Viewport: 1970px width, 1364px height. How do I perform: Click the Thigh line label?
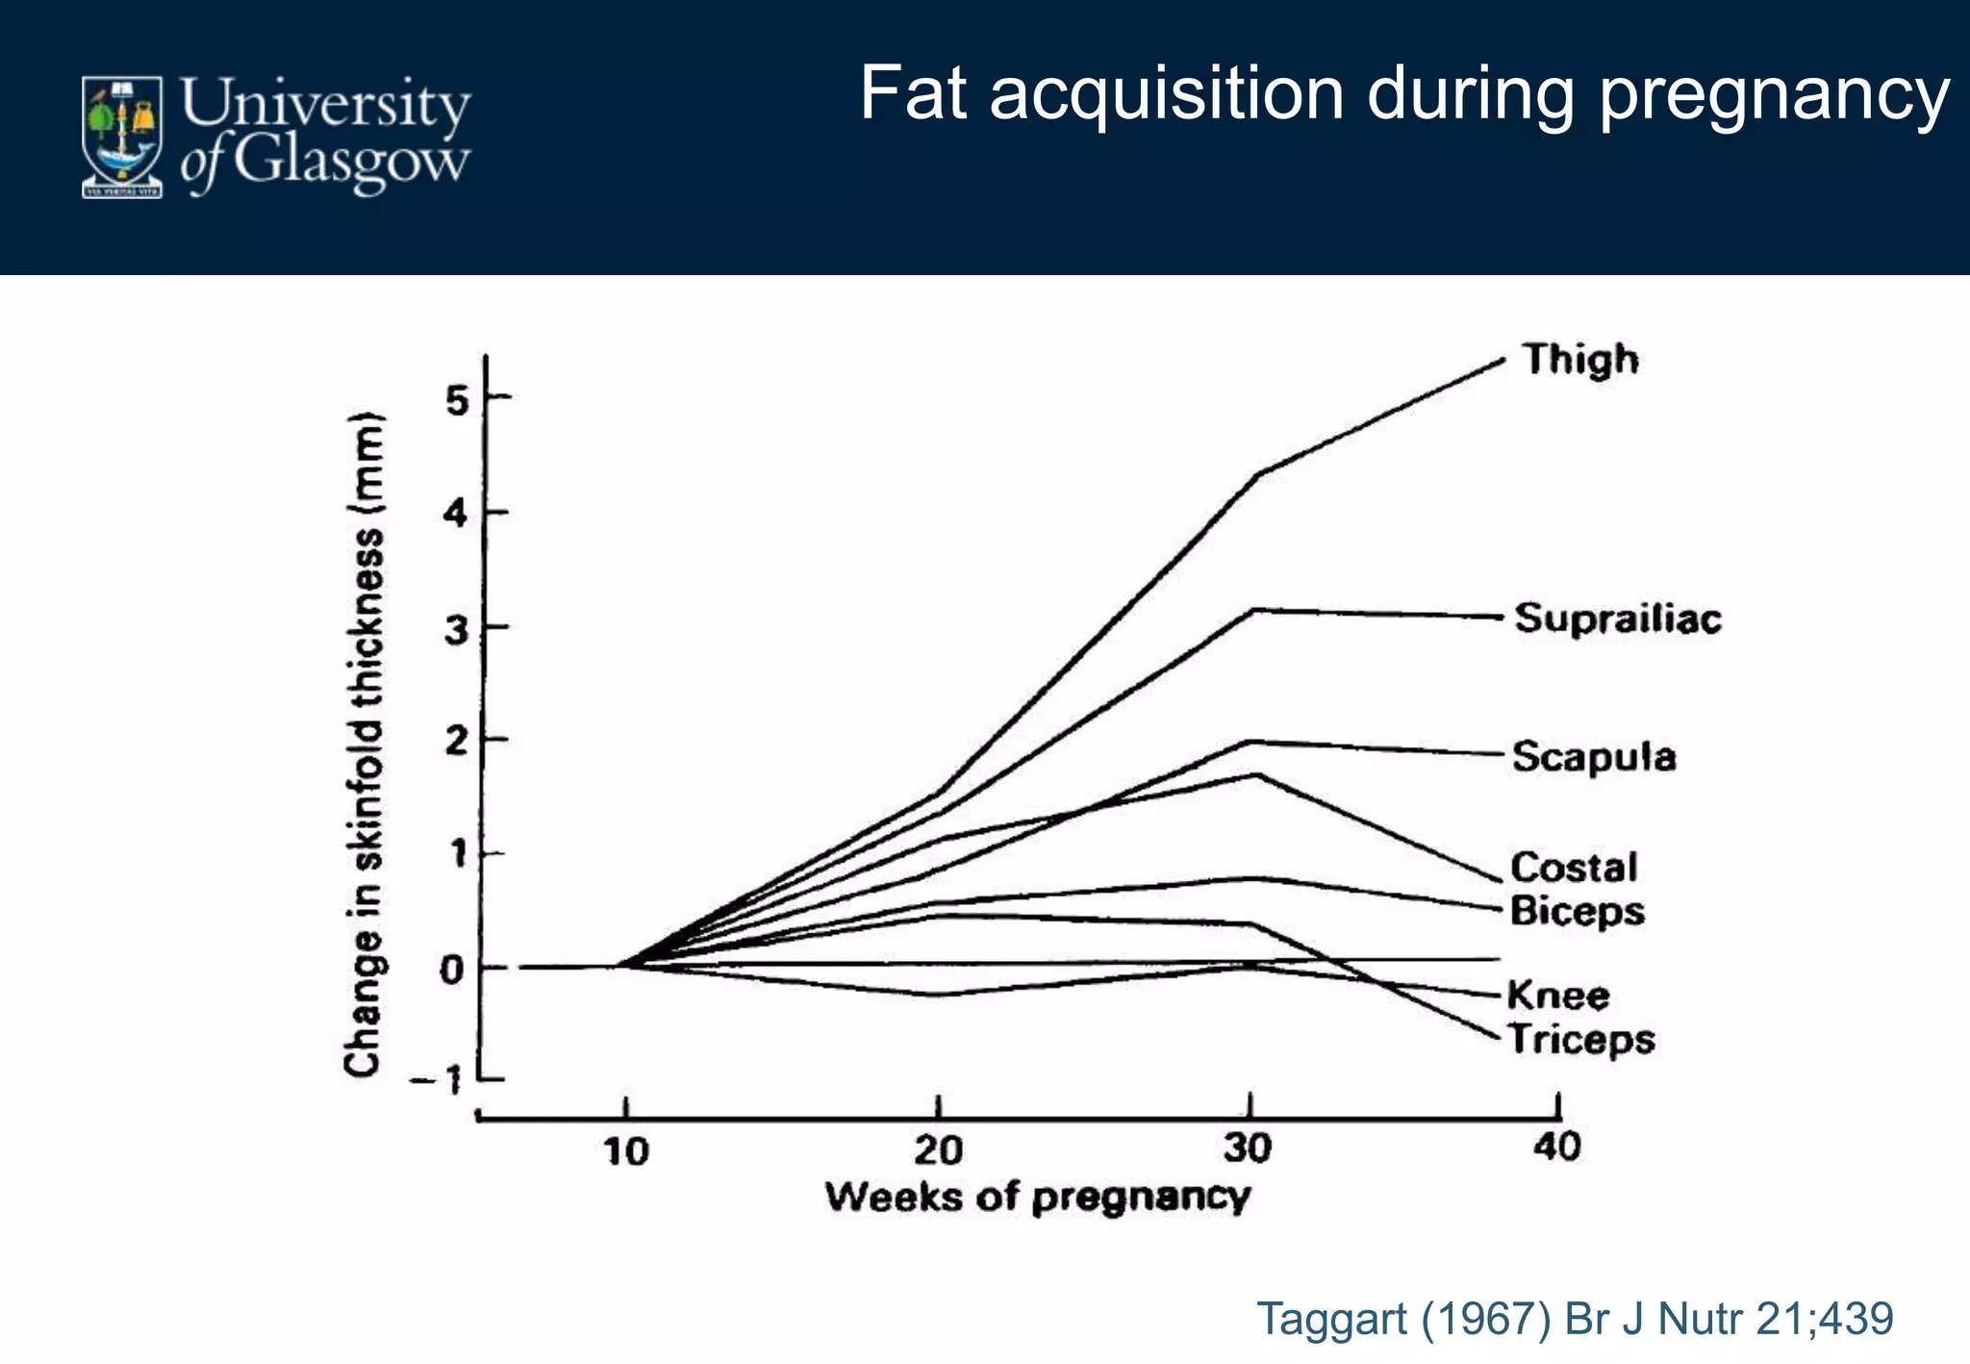pos(1580,360)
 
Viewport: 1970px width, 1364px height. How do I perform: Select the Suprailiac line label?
pos(1618,619)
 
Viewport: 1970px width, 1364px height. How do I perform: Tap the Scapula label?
pos(1594,757)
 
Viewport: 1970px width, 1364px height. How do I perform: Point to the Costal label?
pos(1574,868)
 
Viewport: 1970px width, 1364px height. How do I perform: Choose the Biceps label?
pos(1578,911)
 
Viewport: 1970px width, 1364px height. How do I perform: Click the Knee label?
pos(1558,995)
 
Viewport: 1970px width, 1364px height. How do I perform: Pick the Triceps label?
pos(1580,1039)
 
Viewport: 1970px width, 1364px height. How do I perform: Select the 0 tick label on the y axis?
pos(452,970)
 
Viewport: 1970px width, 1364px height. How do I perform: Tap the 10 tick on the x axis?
pos(626,1150)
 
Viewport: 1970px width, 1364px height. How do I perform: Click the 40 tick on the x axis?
pos(1556,1147)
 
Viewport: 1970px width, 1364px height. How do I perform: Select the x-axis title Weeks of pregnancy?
pos(1038,1198)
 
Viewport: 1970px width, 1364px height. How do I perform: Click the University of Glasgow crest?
pos(121,137)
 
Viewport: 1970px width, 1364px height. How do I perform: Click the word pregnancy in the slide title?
pos(1774,96)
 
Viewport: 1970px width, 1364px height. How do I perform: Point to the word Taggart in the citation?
pos(1332,1318)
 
